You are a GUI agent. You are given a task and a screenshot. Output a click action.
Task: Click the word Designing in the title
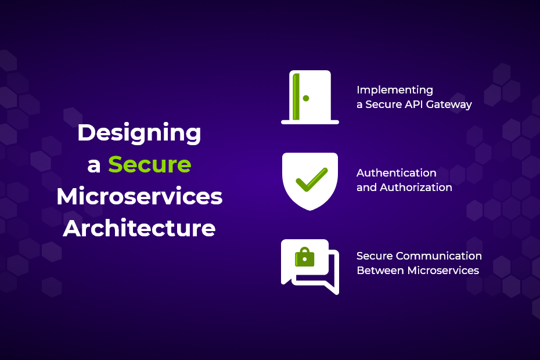click(x=139, y=134)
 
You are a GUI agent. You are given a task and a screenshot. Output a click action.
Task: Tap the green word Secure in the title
click(x=150, y=165)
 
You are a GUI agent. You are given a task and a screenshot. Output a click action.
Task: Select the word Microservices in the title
click(x=139, y=196)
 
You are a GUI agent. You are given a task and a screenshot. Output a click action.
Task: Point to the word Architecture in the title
click(x=139, y=228)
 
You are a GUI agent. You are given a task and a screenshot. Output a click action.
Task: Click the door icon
click(x=310, y=97)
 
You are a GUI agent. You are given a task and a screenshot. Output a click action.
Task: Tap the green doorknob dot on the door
click(x=306, y=98)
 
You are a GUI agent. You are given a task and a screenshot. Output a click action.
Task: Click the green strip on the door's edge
click(x=296, y=96)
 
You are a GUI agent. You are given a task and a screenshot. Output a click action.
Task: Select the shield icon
click(x=310, y=181)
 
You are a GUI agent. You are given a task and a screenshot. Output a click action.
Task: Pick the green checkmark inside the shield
click(x=312, y=179)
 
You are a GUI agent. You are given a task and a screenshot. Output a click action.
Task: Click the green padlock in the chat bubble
click(x=305, y=257)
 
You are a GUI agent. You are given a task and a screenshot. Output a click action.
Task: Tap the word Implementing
click(x=395, y=90)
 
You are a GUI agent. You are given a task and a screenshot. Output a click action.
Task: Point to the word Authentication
click(x=397, y=172)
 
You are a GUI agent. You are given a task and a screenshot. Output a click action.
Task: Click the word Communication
click(x=439, y=255)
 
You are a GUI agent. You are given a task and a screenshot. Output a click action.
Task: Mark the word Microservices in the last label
click(x=443, y=271)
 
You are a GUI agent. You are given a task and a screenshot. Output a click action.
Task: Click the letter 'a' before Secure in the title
click(x=93, y=165)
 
